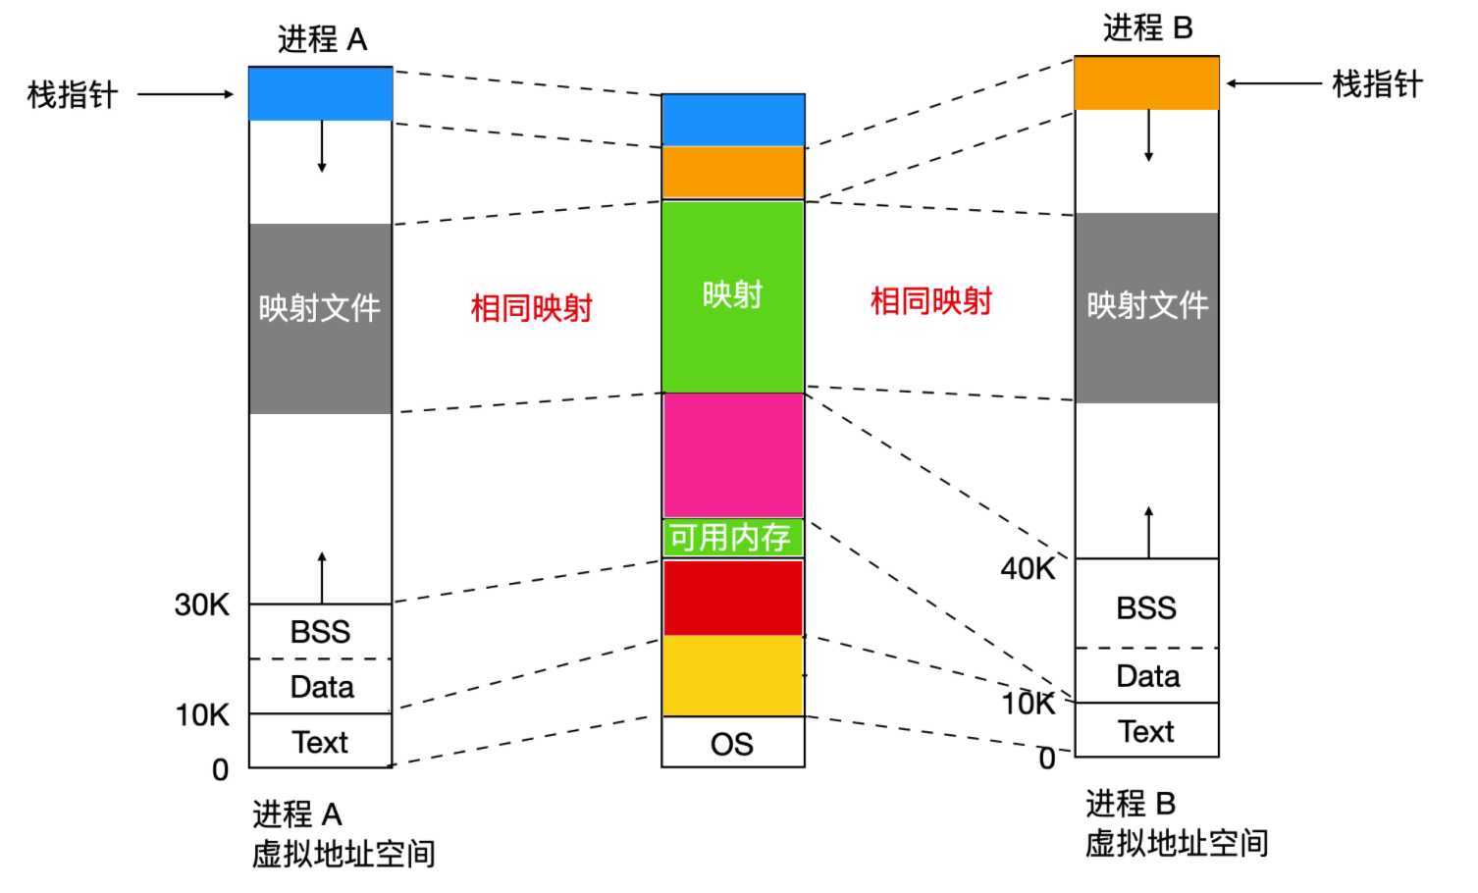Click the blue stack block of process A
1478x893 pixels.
coord(321,93)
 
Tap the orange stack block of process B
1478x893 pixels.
coord(1146,83)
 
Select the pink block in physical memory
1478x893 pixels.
coord(733,455)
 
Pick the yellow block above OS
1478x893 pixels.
coord(733,676)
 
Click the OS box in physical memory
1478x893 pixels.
coord(733,742)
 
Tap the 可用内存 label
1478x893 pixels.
coord(730,538)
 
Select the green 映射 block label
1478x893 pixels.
coord(732,294)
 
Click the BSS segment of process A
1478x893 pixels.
coord(321,631)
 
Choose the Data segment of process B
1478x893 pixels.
coord(1146,675)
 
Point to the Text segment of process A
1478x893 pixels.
coord(321,741)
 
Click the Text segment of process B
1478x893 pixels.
coord(1146,730)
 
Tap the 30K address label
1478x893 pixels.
coord(202,604)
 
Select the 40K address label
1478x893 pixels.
coord(1028,568)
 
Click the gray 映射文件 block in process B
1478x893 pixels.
coord(1146,308)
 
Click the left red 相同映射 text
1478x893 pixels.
coord(531,308)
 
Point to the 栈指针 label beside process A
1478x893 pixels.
coord(73,95)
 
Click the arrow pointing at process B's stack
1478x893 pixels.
coord(1274,83)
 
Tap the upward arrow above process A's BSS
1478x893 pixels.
coord(322,578)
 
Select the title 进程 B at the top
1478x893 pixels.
coord(1148,27)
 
